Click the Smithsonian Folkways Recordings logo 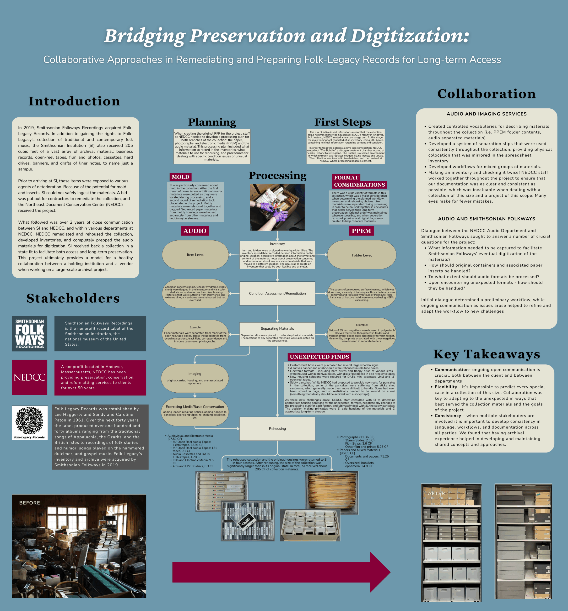coord(29,333)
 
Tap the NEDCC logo coord(29,377)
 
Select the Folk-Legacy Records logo coord(30,422)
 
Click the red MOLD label coord(180,177)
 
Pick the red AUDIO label coord(195,231)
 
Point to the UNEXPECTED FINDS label coord(319,357)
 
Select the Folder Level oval coord(362,255)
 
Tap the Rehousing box coord(277,429)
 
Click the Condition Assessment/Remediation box coord(277,294)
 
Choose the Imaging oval coord(195,378)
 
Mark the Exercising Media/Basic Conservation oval coord(195,411)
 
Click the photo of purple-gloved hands coord(277,207)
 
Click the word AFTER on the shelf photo coord(436,493)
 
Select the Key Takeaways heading coord(487,354)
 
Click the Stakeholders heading coord(73,298)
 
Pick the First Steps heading coord(342,122)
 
